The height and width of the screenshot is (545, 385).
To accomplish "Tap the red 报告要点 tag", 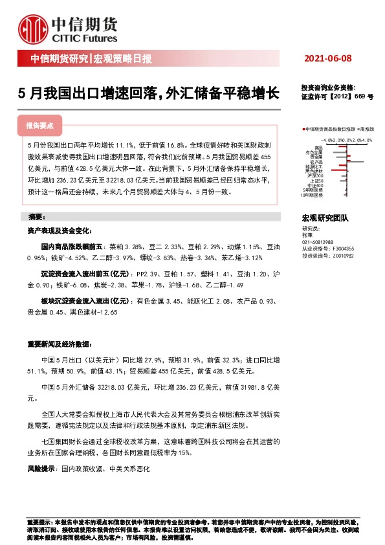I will click(39, 124).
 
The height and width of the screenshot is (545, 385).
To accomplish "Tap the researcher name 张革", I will click(307, 235).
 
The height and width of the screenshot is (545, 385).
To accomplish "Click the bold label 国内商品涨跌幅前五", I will click(69, 247).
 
